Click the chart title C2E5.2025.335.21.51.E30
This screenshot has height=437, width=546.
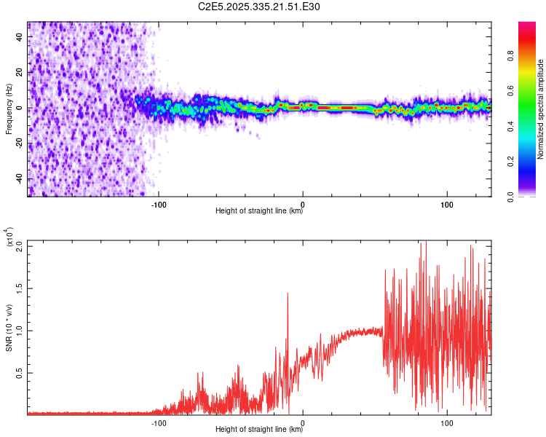pyautogui.click(x=260, y=7)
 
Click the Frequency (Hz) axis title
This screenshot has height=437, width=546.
pyautogui.click(x=9, y=109)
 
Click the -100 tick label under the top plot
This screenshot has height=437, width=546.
pyautogui.click(x=159, y=203)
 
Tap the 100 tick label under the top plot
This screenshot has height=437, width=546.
pyautogui.click(x=447, y=203)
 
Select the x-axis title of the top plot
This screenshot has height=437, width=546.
pyautogui.click(x=259, y=211)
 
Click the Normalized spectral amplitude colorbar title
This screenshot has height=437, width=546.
pyautogui.click(x=541, y=109)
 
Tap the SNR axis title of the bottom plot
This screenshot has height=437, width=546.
pyautogui.click(x=9, y=328)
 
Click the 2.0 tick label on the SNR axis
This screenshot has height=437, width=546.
pyautogui.click(x=19, y=245)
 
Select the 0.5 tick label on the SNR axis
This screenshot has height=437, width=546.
pyautogui.click(x=19, y=372)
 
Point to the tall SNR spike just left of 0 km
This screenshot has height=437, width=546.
pyautogui.click(x=288, y=294)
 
